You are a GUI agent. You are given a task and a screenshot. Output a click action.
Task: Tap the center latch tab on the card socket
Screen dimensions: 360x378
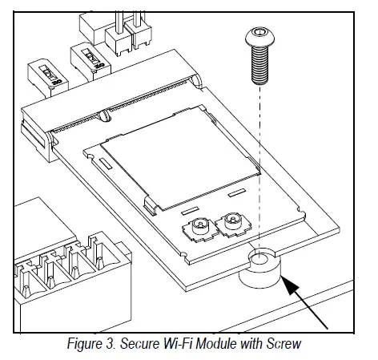(107, 118)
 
